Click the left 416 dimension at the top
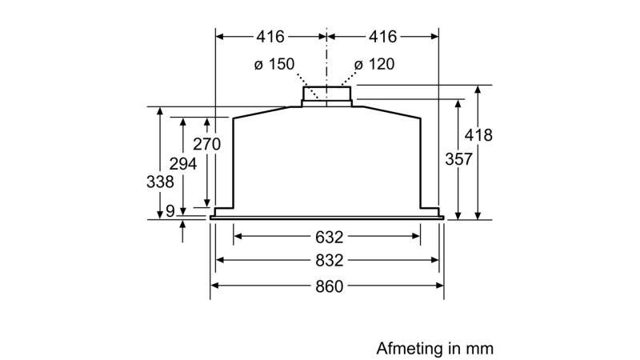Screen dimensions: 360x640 point(271,37)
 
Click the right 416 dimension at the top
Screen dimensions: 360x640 point(382,37)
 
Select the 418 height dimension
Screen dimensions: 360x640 point(479,135)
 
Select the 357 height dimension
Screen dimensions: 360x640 point(458,159)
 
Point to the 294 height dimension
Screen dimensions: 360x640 point(184,164)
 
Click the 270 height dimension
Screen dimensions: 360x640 point(207,145)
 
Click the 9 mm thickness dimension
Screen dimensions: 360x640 point(170,211)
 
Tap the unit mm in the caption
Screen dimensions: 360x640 point(482,349)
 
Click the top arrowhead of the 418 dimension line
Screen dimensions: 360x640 point(478,88)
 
